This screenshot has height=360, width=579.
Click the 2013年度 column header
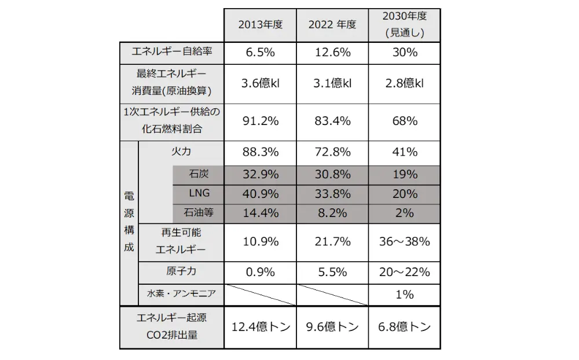(x=260, y=25)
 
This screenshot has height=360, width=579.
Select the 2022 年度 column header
(x=332, y=25)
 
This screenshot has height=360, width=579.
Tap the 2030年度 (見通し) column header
(x=404, y=25)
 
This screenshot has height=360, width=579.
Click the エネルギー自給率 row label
(x=172, y=52)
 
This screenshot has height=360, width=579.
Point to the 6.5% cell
(x=260, y=52)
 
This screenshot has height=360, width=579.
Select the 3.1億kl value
(x=332, y=83)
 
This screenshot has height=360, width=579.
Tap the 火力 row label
(x=181, y=152)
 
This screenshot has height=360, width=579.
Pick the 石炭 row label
(x=198, y=174)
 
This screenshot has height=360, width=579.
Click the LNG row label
(x=198, y=193)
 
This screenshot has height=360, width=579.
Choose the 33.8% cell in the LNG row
(x=332, y=194)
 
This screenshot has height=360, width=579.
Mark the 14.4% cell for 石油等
(x=260, y=213)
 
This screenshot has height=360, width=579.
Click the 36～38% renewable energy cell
(x=404, y=241)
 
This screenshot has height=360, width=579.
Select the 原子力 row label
(x=181, y=271)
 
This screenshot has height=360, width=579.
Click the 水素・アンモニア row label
(x=181, y=294)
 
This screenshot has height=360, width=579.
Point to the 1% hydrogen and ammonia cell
(x=404, y=295)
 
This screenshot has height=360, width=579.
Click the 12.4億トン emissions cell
(x=260, y=328)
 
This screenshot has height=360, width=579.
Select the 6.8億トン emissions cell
(x=404, y=328)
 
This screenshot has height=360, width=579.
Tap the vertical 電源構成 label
(x=129, y=222)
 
